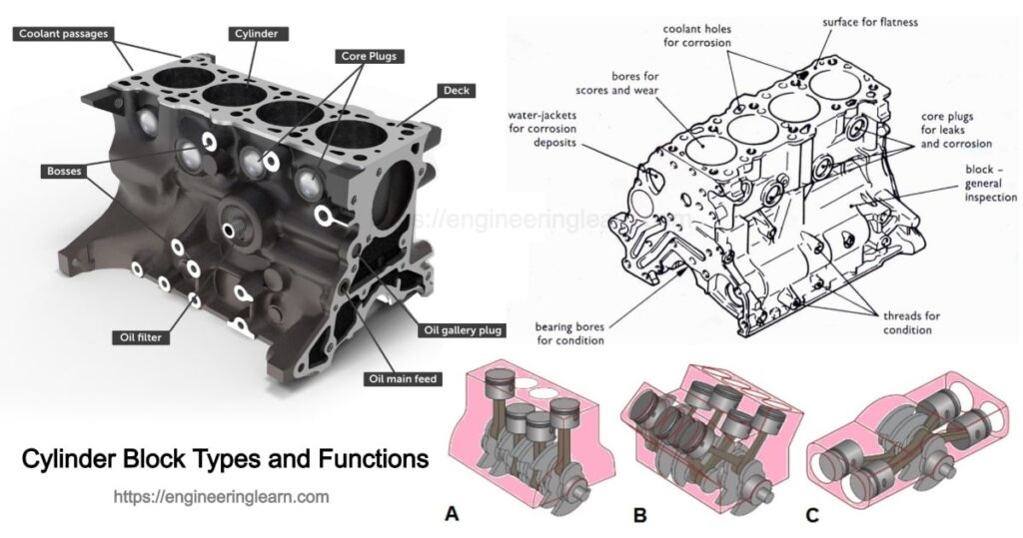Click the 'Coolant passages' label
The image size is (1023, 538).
coord(62,33)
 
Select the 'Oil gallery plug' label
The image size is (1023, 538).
coord(463,330)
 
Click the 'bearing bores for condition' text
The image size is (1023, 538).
coord(568,333)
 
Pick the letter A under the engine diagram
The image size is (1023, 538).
coord(453,516)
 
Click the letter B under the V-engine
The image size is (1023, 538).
coord(639,516)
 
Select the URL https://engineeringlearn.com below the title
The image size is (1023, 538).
coord(221,495)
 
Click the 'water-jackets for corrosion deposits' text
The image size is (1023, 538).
coord(545,131)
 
